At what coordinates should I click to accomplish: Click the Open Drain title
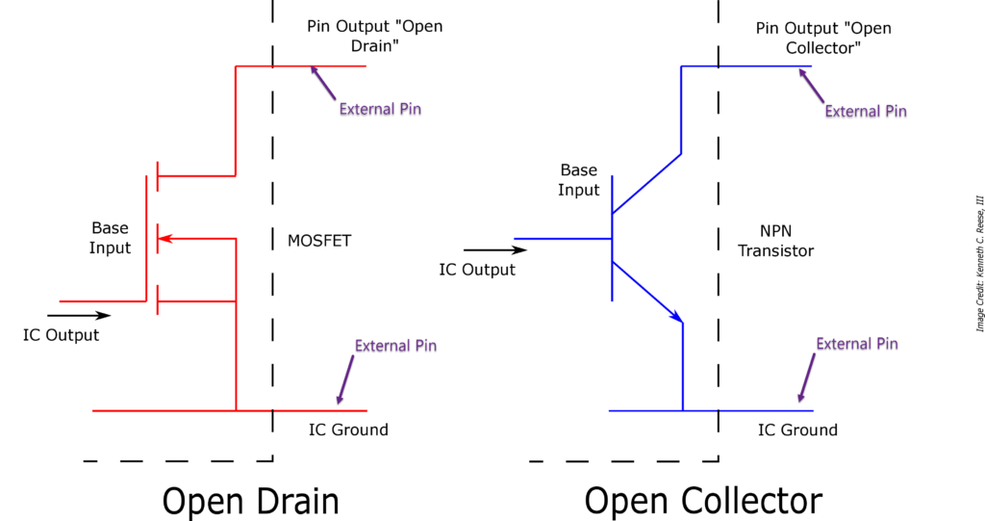coord(250,501)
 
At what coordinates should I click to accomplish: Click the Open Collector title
coord(703,501)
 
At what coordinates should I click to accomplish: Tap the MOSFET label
coord(319,241)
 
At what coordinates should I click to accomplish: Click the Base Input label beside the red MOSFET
coord(110,238)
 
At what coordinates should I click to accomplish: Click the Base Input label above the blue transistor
coord(579,180)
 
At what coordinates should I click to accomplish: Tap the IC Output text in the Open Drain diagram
coord(61,335)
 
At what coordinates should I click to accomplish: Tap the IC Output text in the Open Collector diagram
coord(477,270)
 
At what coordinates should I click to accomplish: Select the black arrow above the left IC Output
coord(79,315)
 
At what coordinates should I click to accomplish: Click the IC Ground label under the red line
coord(348,430)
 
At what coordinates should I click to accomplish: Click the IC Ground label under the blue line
coord(797,430)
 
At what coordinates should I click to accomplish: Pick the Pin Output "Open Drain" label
coord(374,37)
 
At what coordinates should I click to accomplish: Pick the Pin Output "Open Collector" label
coord(823,38)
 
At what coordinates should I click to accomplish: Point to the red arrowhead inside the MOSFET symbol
coord(163,238)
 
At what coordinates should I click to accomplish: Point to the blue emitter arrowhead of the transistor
coord(677,317)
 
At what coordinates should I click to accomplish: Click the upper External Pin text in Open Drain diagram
coord(380,109)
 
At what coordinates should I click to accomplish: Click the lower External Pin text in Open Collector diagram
coord(857,344)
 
